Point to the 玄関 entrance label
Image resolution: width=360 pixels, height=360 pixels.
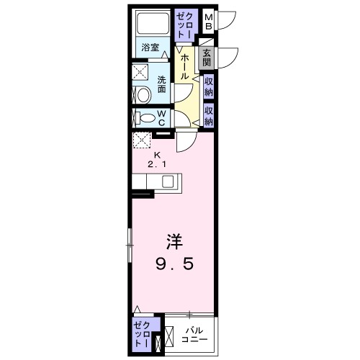[207, 57]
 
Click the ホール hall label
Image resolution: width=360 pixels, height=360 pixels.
[185, 64]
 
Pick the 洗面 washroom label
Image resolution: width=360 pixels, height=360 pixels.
[161, 84]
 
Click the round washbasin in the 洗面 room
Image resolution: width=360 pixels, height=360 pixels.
[141, 94]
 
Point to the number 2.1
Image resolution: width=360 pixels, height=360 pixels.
[157, 165]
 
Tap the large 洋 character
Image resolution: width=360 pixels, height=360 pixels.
[173, 240]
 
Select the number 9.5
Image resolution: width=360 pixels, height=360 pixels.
[173, 264]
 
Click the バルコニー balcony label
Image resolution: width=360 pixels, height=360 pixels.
[194, 335]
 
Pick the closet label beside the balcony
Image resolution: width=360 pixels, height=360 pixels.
[139, 334]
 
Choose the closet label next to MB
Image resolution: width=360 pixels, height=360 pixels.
[184, 25]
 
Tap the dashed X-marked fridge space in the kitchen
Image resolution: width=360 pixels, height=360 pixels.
[141, 140]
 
